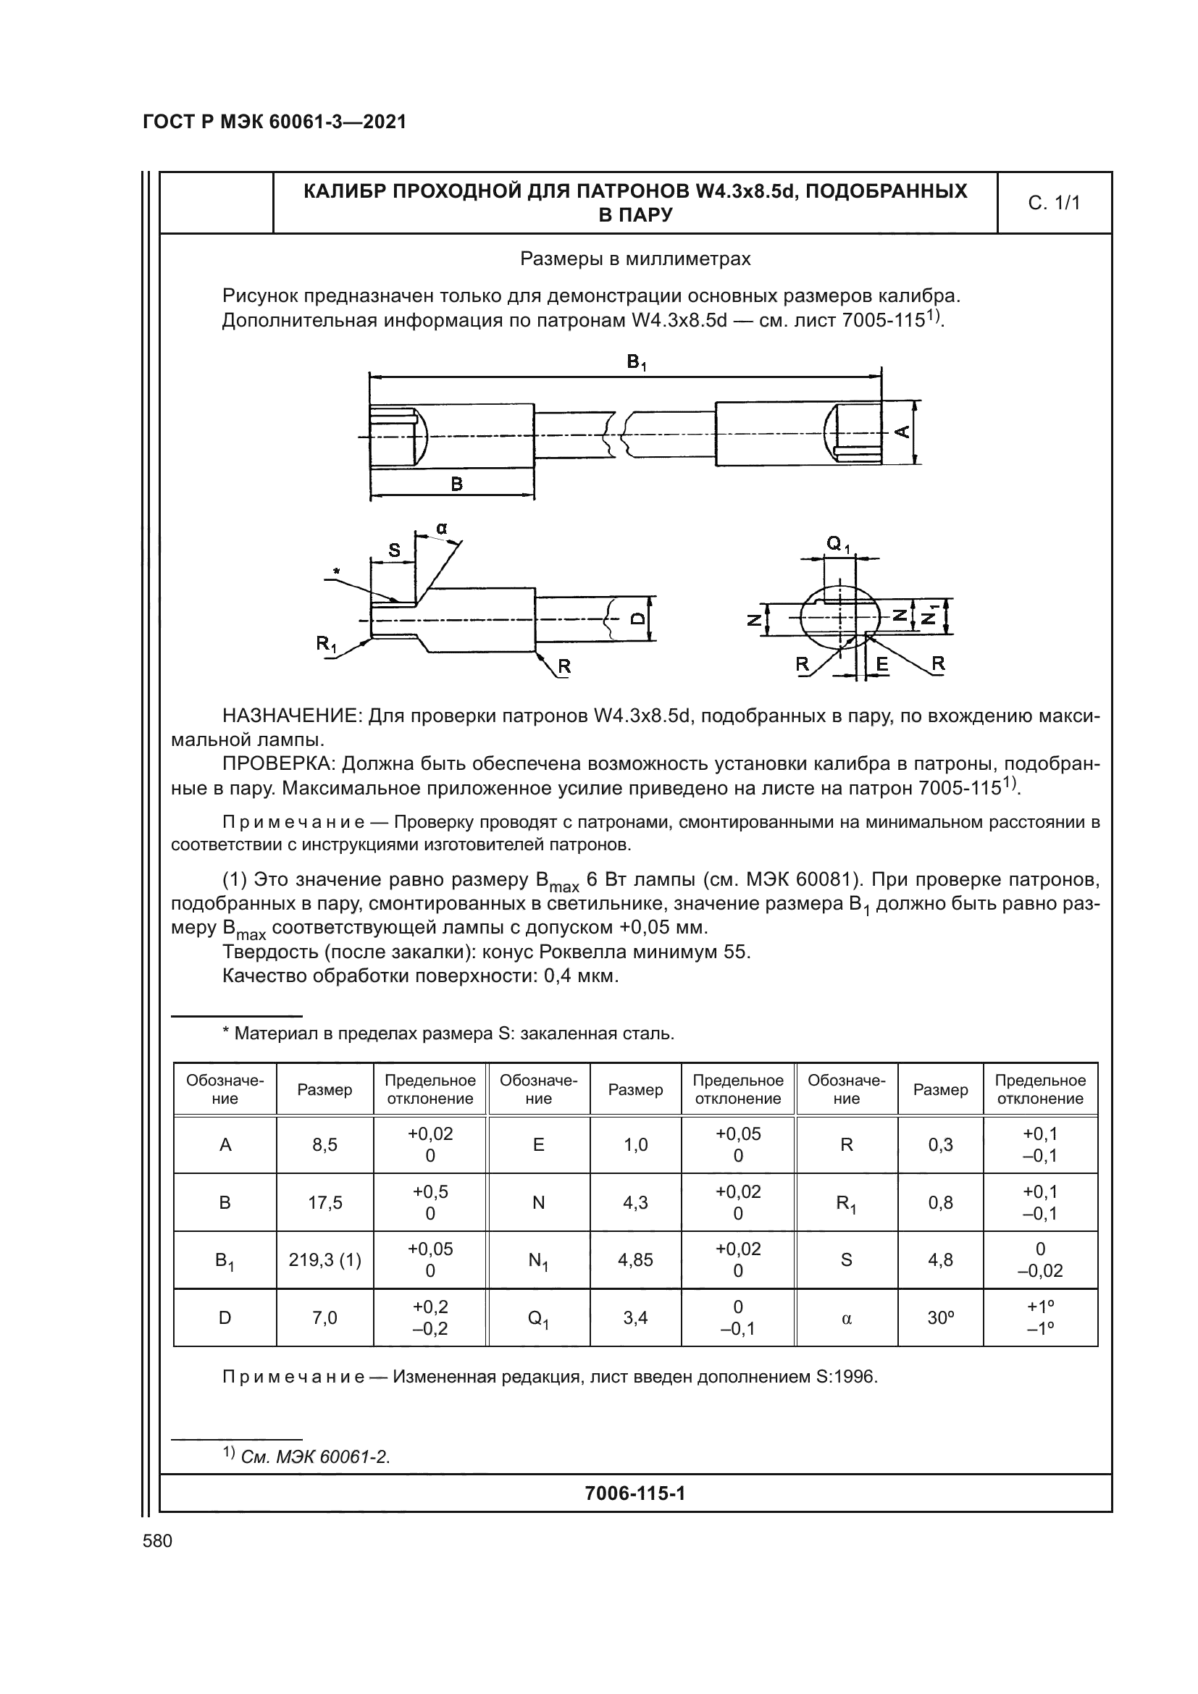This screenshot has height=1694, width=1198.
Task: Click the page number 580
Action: [x=157, y=1540]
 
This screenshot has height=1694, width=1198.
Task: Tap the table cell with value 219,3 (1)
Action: [x=324, y=1259]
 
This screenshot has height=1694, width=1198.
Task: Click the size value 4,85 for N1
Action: [x=635, y=1259]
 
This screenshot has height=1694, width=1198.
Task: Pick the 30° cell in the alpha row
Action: [x=940, y=1317]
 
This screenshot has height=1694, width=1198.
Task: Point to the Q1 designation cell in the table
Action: [x=538, y=1317]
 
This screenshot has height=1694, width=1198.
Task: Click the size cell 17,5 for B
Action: [x=324, y=1203]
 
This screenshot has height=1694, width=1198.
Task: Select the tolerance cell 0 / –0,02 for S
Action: [x=1039, y=1259]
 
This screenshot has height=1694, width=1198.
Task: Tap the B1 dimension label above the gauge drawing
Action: [x=636, y=362]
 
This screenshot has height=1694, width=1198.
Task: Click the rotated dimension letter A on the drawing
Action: [x=902, y=432]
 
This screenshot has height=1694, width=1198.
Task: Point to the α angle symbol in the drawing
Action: [x=441, y=528]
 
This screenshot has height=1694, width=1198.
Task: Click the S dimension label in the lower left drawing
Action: [x=394, y=550]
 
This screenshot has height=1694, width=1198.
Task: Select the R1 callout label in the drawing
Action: [x=326, y=643]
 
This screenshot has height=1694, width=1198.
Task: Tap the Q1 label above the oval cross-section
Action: [x=838, y=545]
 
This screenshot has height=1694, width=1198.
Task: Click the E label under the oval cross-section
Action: [x=881, y=664]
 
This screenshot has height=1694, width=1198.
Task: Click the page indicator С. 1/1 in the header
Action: [x=1053, y=203]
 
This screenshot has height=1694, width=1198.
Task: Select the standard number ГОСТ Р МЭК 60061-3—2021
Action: [x=275, y=122]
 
